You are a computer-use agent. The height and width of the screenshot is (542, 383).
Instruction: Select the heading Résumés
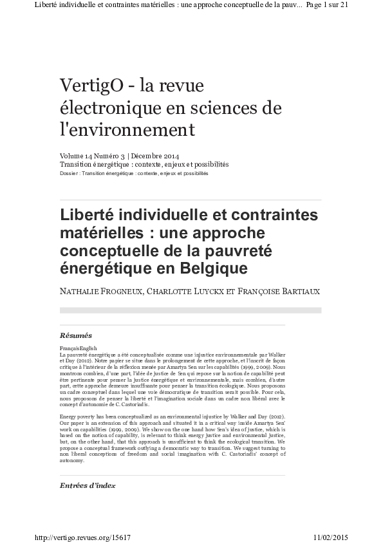(75, 335)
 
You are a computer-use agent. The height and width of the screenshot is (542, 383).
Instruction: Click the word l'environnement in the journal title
(127, 130)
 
